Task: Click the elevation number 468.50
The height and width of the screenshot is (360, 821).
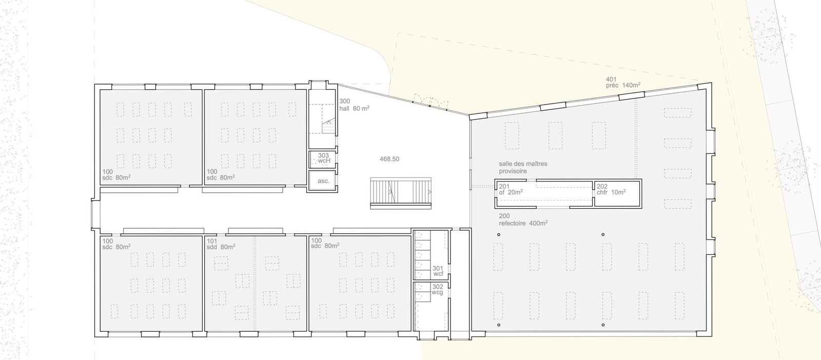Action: click(389, 159)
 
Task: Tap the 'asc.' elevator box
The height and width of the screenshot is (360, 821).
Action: click(323, 181)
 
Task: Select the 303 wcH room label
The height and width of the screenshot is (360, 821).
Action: click(324, 158)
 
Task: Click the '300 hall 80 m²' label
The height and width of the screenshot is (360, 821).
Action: click(354, 105)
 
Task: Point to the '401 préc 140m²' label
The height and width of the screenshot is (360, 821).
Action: click(623, 83)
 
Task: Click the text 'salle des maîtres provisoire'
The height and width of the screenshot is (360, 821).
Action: click(523, 167)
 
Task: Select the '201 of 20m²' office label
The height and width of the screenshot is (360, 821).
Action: click(511, 189)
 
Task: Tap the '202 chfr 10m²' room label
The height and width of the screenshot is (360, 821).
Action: click(611, 189)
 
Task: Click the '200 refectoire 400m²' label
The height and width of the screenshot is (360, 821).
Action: click(523, 219)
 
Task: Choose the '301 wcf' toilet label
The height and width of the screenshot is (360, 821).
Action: click(438, 271)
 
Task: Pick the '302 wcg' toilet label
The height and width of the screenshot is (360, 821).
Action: click(438, 289)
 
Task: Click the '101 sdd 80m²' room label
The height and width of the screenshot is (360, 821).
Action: click(221, 244)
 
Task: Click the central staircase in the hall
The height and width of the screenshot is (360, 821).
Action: click(401, 193)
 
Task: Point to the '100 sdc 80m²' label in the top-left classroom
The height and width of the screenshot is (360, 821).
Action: click(116, 175)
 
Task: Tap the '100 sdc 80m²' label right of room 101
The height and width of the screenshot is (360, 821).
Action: click(325, 243)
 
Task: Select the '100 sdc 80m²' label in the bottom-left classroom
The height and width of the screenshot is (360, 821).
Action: click(116, 244)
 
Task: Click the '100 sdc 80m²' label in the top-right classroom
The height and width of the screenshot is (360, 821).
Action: click(221, 174)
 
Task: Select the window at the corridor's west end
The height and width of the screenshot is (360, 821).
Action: click(96, 214)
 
